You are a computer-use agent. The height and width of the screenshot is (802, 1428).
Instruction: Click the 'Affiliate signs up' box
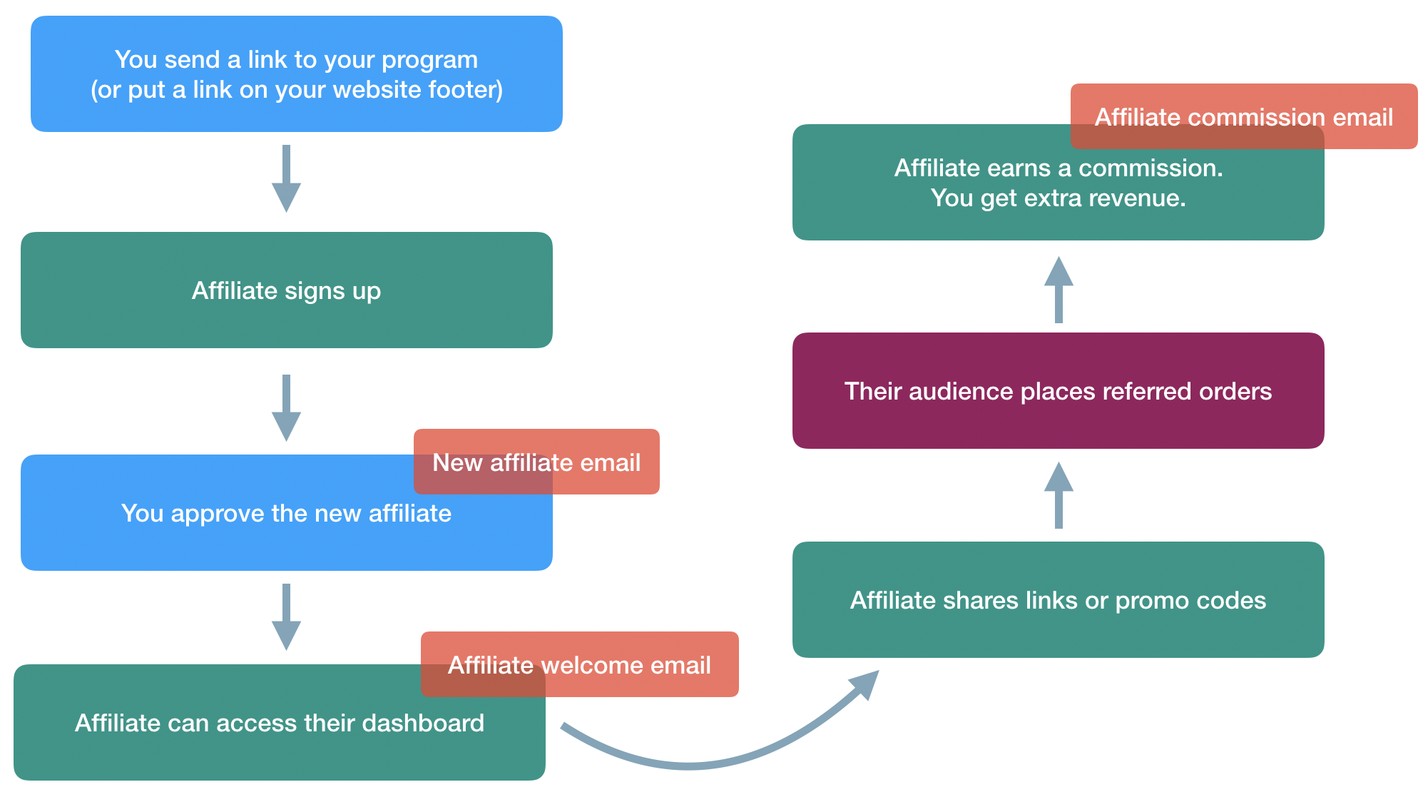tap(286, 290)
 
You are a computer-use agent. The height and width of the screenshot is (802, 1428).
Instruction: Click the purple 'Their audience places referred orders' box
tap(1058, 391)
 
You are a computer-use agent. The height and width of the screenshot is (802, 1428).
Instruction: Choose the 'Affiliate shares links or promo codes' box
tap(1058, 600)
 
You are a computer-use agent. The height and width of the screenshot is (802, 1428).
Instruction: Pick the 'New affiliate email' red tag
tap(536, 462)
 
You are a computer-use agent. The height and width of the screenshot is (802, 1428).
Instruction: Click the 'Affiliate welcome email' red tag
tap(579, 665)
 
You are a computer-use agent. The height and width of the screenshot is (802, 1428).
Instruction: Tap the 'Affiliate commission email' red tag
tap(1243, 117)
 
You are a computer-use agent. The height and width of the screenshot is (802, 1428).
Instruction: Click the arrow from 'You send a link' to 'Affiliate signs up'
tap(286, 178)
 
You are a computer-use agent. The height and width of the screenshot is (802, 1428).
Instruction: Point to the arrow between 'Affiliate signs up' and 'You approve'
tap(286, 407)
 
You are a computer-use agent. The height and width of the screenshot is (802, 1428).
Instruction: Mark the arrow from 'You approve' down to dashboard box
tap(286, 616)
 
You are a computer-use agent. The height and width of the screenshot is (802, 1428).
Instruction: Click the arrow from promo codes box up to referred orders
tap(1059, 496)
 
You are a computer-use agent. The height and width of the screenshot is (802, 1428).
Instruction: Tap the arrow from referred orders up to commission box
tap(1059, 290)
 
